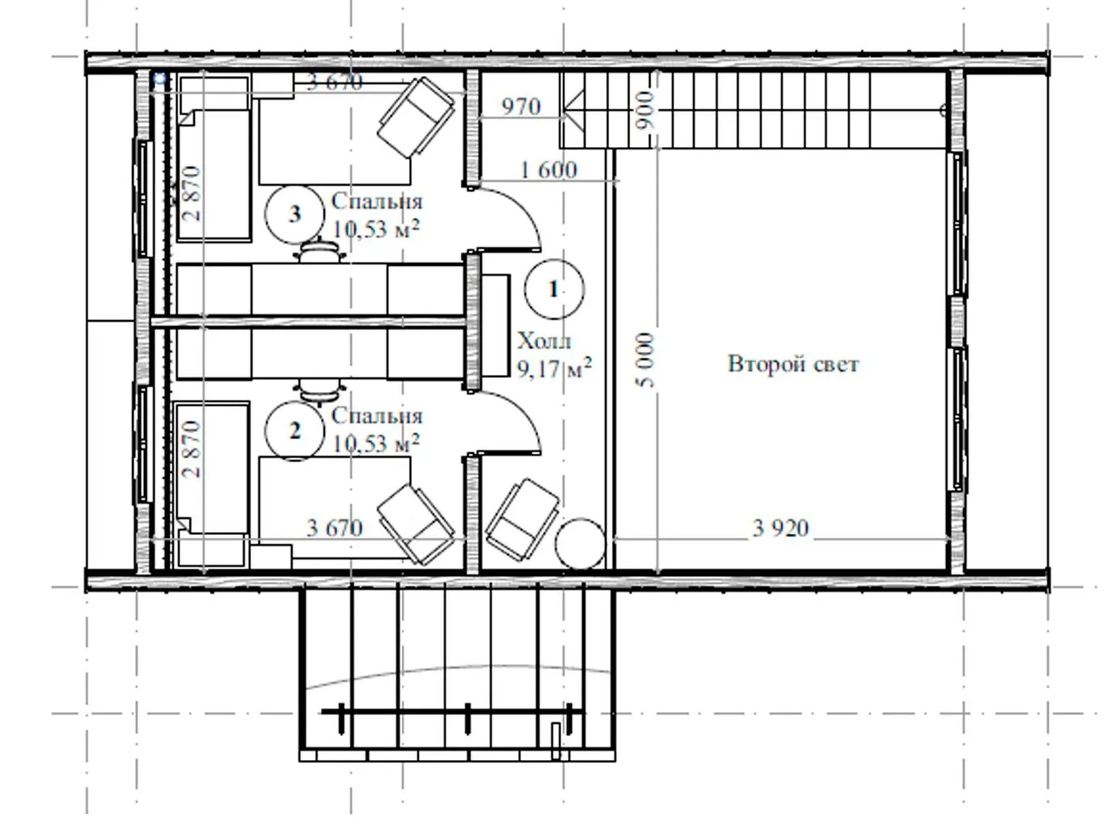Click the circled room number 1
pos(553,289)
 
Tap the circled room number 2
pos(294,431)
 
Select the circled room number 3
pos(294,214)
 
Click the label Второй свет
pos(793,364)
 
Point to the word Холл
pos(544,341)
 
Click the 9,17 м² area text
pos(554,368)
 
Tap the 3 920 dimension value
pos(781,528)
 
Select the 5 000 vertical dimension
pos(645,360)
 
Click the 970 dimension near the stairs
pos(521,107)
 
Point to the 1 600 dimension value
pos(549,170)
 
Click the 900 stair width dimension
pos(645,110)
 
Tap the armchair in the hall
pos(522,520)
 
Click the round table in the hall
pos(580,544)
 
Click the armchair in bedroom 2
pos(416,525)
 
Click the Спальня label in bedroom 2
pos(376,417)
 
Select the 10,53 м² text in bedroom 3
pos(376,229)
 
